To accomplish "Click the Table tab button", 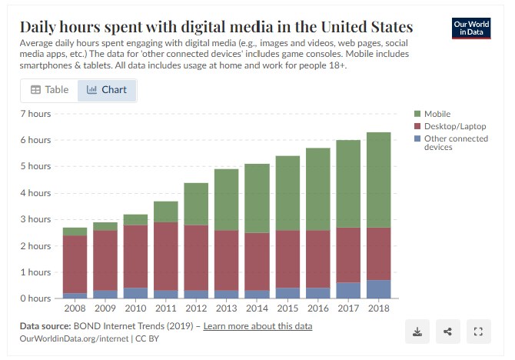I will point(49,90).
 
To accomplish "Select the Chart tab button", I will point(107,90).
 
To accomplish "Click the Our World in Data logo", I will point(471,29).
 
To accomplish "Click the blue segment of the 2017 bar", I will point(348,290).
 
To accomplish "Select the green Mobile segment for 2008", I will point(75,232).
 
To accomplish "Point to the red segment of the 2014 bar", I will point(257,262).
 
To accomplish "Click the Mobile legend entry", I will point(436,114).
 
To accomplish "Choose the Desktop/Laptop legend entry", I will point(449,126).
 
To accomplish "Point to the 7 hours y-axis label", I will point(35,114).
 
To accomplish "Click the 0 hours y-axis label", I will point(35,298).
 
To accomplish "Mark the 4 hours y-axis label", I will point(35,193).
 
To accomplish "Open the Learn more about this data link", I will point(257,326).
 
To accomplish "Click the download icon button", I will point(417,332).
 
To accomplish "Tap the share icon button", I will point(447,332).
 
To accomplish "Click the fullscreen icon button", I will point(478,332).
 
